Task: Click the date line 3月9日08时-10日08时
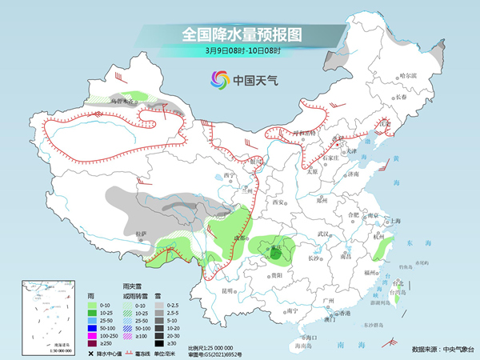point(239,53)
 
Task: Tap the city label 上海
point(393,221)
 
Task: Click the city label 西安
point(278,204)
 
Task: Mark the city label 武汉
point(323,234)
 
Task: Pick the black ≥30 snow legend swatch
point(161,342)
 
